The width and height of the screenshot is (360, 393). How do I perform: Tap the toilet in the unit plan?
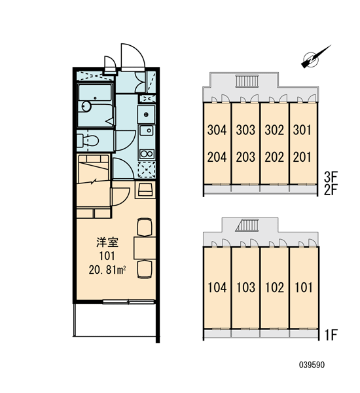click(x=87, y=141)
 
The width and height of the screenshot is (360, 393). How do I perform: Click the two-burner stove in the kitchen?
click(x=147, y=154)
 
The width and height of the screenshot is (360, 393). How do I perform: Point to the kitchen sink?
click(x=147, y=130)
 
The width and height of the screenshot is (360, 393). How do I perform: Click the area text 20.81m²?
click(x=107, y=270)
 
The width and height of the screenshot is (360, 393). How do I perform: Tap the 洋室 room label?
click(x=107, y=242)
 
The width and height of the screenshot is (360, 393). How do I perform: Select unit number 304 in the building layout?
click(x=217, y=130)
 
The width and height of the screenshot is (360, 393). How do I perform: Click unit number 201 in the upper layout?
click(x=302, y=157)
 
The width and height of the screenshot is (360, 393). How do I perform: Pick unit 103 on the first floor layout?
click(x=245, y=288)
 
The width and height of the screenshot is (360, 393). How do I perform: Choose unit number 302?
click(x=274, y=130)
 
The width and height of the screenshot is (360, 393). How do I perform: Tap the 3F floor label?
click(x=331, y=178)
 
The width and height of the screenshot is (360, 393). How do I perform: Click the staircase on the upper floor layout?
click(x=247, y=81)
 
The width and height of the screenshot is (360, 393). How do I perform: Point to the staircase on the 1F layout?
click(x=247, y=225)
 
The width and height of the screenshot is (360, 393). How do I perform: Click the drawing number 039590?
click(x=312, y=365)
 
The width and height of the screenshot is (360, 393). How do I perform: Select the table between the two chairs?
click(x=145, y=248)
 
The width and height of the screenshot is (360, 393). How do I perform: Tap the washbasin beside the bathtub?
click(x=86, y=107)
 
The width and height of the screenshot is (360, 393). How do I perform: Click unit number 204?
click(x=217, y=157)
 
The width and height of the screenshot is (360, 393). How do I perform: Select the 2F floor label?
click(x=331, y=190)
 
